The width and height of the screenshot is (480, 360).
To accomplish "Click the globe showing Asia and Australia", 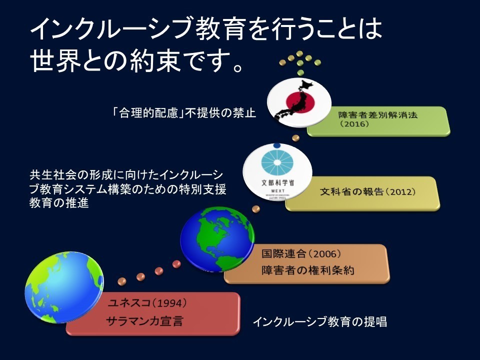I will [64, 287].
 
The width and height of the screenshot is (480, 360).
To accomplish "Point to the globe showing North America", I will [217, 239].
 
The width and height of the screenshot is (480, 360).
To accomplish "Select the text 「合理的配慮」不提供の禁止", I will [184, 113].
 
